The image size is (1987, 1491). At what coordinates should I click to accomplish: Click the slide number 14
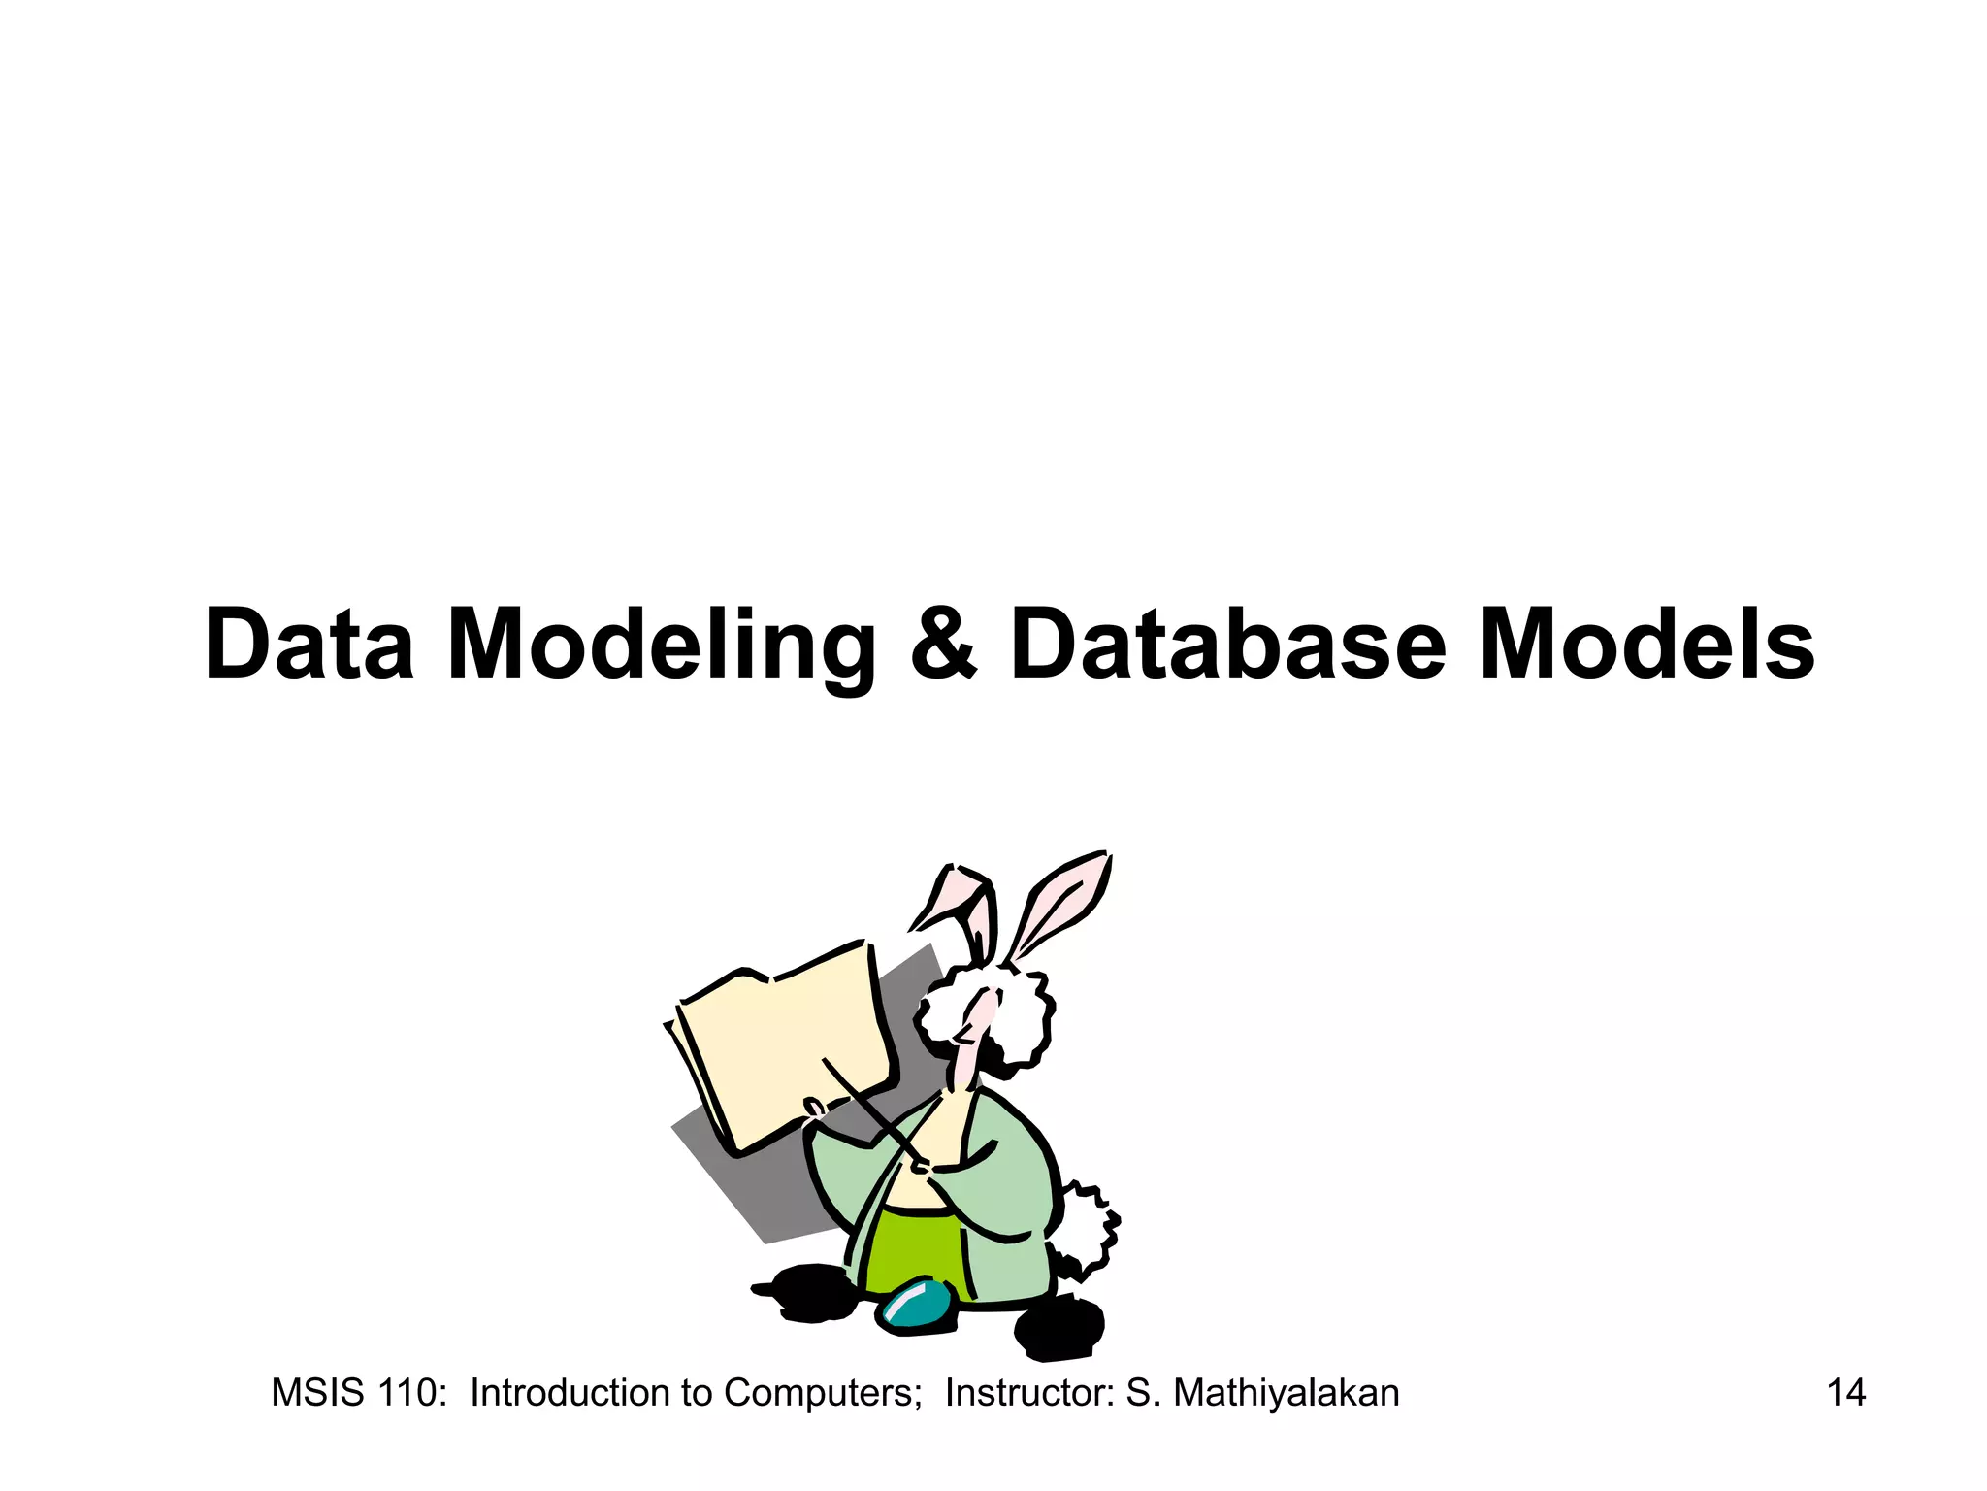(1845, 1393)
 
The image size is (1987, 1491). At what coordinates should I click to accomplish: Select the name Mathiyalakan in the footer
(1286, 1393)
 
